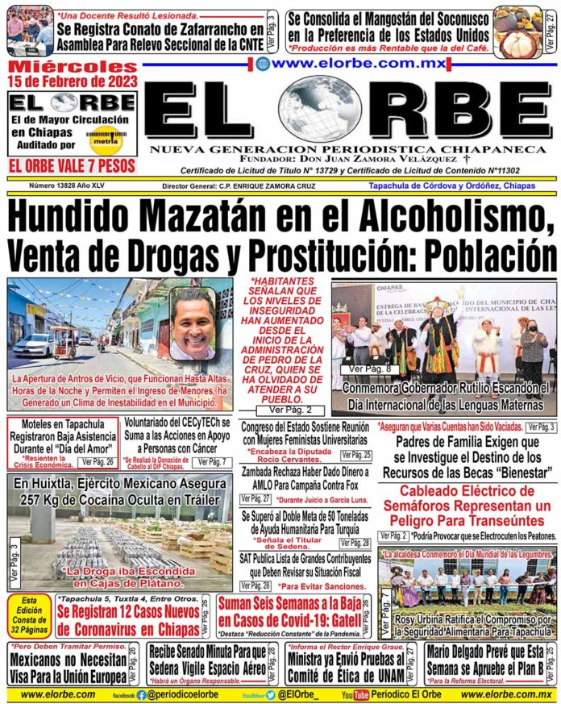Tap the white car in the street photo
click(33, 344)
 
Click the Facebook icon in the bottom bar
click(141, 694)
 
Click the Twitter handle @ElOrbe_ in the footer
click(293, 694)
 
